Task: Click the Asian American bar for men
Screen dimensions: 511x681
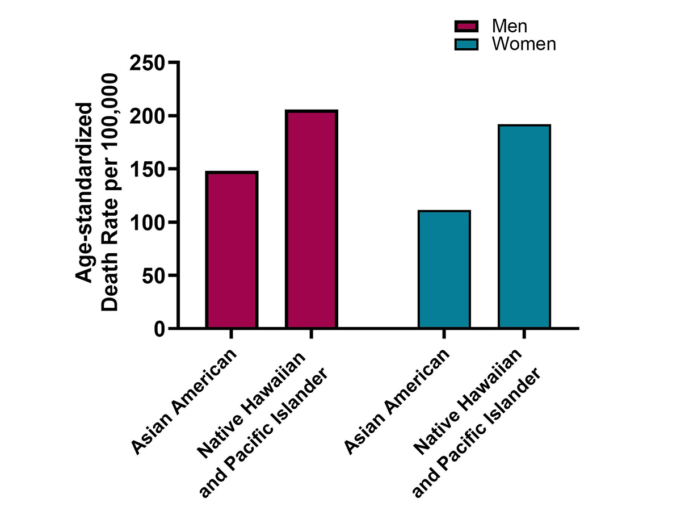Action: point(232,250)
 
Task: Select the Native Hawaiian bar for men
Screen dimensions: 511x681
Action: point(312,219)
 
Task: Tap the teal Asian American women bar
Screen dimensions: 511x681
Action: point(444,269)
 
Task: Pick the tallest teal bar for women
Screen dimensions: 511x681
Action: point(524,227)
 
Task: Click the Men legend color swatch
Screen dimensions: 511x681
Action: point(466,26)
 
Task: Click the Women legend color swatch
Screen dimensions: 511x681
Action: point(466,44)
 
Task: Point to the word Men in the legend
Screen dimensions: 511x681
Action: point(509,26)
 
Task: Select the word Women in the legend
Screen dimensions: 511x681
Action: point(524,44)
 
